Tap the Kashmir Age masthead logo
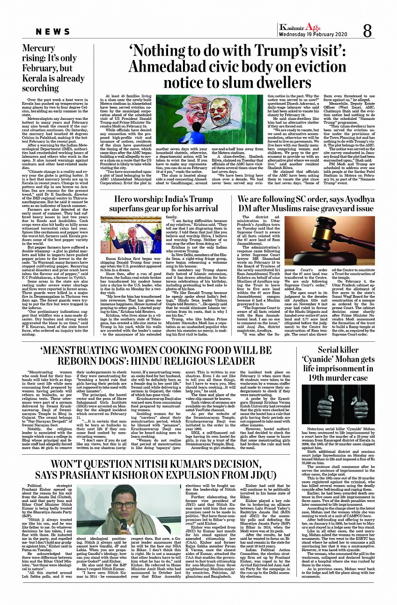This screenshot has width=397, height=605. (x=299, y=27)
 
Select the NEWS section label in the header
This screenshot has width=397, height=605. (x=53, y=31)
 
